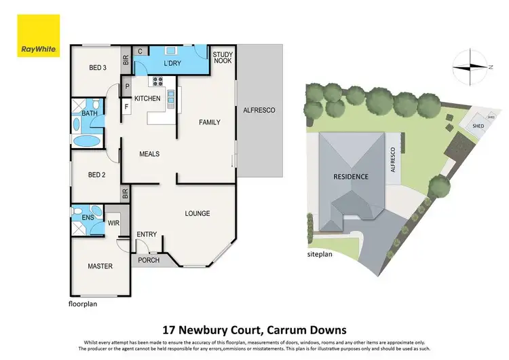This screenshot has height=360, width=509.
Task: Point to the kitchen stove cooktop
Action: [x=157, y=83]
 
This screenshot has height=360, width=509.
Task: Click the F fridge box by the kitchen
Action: [x=127, y=105]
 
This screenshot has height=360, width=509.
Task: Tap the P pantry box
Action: [x=127, y=86]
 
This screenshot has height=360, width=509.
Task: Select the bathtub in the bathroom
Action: [x=86, y=140]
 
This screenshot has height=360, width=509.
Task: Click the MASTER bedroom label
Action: [x=100, y=266]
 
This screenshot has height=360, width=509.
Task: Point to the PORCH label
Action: [x=149, y=260]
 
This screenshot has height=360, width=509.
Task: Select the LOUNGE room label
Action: [x=197, y=213]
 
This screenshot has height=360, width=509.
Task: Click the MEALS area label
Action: [x=149, y=154]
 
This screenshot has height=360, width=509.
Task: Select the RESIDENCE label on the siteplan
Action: [x=350, y=177]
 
